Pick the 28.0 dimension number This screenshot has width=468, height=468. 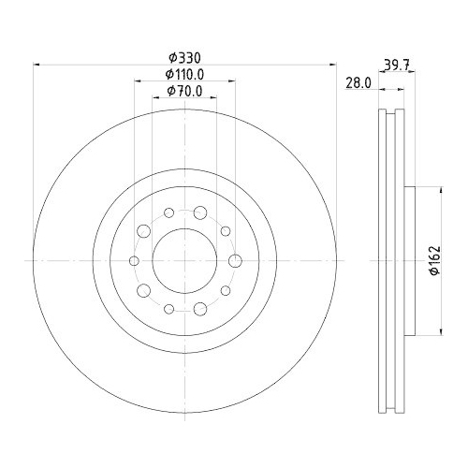358,82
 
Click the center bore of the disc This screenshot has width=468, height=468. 184,260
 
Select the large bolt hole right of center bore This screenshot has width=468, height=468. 234,260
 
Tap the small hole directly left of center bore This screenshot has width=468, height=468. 134,260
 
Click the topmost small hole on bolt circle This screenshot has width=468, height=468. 168,212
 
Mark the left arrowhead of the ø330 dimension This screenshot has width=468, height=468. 37,65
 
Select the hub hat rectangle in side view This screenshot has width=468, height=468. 408,260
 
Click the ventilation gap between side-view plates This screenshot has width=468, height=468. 390,260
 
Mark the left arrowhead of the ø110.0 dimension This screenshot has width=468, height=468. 138,81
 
